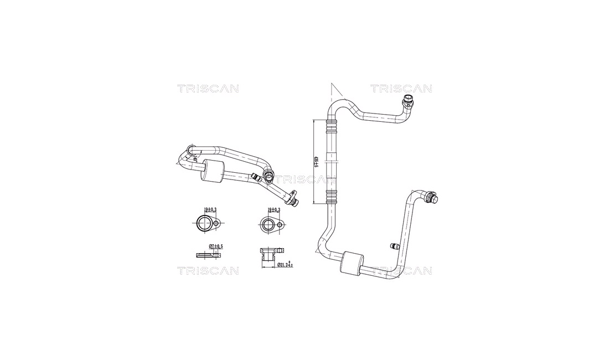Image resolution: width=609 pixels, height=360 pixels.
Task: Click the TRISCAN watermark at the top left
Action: [208, 89]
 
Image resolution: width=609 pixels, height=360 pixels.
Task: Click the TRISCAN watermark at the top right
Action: [401, 89]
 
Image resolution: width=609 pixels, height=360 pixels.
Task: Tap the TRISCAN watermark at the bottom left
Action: [208, 270]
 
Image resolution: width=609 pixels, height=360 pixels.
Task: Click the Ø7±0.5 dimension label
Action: [215, 245]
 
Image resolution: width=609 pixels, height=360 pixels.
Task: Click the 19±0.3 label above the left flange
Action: [210, 210]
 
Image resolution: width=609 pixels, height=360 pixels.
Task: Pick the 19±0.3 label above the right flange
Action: [273, 210]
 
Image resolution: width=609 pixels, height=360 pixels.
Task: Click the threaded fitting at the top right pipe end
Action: [409, 101]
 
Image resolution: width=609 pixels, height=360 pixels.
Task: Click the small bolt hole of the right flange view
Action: [281, 225]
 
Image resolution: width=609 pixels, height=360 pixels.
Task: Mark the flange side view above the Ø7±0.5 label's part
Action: [209, 255]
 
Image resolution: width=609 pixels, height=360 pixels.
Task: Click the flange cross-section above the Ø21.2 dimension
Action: [268, 255]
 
